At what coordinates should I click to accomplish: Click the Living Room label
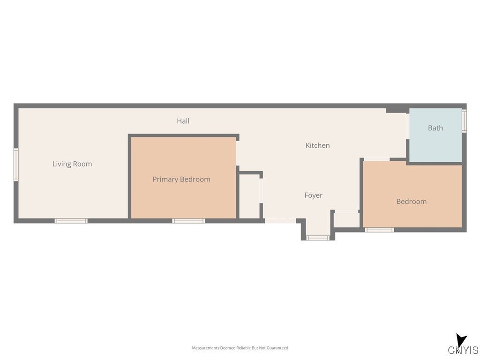pyautogui.click(x=72, y=164)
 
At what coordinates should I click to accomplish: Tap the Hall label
pyautogui.click(x=183, y=121)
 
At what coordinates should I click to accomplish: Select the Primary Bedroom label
pyautogui.click(x=181, y=179)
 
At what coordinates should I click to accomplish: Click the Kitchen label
pyautogui.click(x=317, y=145)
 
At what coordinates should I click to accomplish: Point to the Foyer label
pyautogui.click(x=313, y=195)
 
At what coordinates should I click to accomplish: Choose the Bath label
pyautogui.click(x=435, y=128)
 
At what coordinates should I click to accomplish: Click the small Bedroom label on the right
pyautogui.click(x=411, y=202)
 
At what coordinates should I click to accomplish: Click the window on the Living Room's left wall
pyautogui.click(x=16, y=165)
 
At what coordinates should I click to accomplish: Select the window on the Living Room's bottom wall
pyautogui.click(x=71, y=221)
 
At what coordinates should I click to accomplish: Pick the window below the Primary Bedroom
pyautogui.click(x=188, y=221)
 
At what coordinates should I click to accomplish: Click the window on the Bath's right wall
pyautogui.click(x=464, y=120)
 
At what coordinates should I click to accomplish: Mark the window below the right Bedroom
pyautogui.click(x=379, y=230)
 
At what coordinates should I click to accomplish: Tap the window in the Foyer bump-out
pyautogui.click(x=318, y=238)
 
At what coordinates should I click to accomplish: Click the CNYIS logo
pyautogui.click(x=463, y=350)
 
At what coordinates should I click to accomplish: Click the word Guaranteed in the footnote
pyautogui.click(x=277, y=348)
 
